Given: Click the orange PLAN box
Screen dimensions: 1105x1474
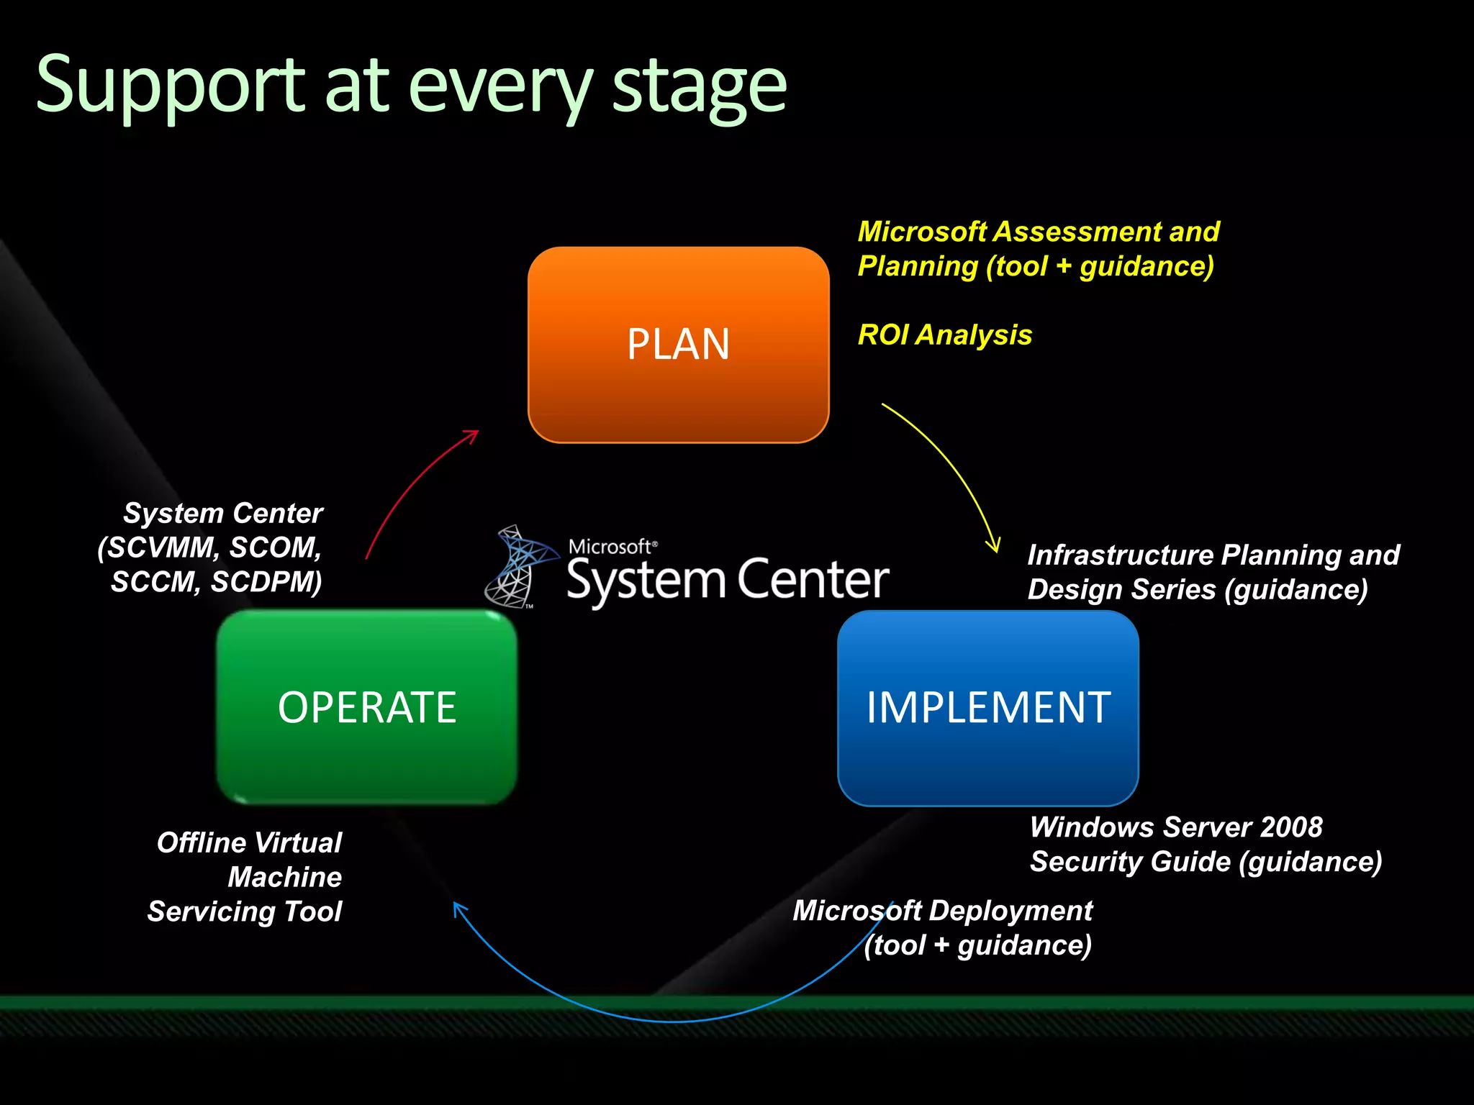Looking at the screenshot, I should pyautogui.click(x=678, y=345).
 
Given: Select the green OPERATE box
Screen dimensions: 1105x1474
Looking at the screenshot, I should pyautogui.click(x=367, y=706).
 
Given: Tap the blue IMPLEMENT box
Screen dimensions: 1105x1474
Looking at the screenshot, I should pyautogui.click(x=987, y=708).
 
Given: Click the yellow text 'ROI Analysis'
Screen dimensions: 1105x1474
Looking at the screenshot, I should pyautogui.click(x=944, y=335).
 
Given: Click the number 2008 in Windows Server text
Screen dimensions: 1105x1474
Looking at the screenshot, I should pyautogui.click(x=1291, y=827).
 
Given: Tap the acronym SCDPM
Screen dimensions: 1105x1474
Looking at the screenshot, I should pyautogui.click(x=266, y=582).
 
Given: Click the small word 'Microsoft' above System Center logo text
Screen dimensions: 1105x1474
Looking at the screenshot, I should pyautogui.click(x=610, y=547).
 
